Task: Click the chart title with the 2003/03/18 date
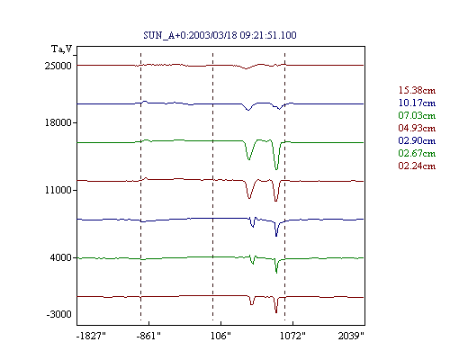tap(220, 35)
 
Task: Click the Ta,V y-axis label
tap(62, 49)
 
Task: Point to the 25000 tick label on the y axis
tap(58, 66)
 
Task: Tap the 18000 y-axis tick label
tap(58, 122)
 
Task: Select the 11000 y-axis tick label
tap(58, 190)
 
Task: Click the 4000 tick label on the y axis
tap(61, 257)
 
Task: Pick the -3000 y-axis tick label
tap(58, 314)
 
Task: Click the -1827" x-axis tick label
tap(91, 336)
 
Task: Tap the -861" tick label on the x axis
tap(148, 336)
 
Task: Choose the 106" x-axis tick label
tap(220, 336)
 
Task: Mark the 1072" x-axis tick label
tap(292, 336)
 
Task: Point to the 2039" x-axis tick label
tap(351, 336)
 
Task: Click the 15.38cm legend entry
tap(417, 90)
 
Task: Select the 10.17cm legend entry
tap(417, 103)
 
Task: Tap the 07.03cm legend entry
tap(417, 115)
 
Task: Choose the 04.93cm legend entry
tap(417, 128)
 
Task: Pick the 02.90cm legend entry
tap(417, 140)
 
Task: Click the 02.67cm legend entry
tap(417, 153)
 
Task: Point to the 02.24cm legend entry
tap(417, 166)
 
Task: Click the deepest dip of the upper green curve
tap(276, 169)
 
